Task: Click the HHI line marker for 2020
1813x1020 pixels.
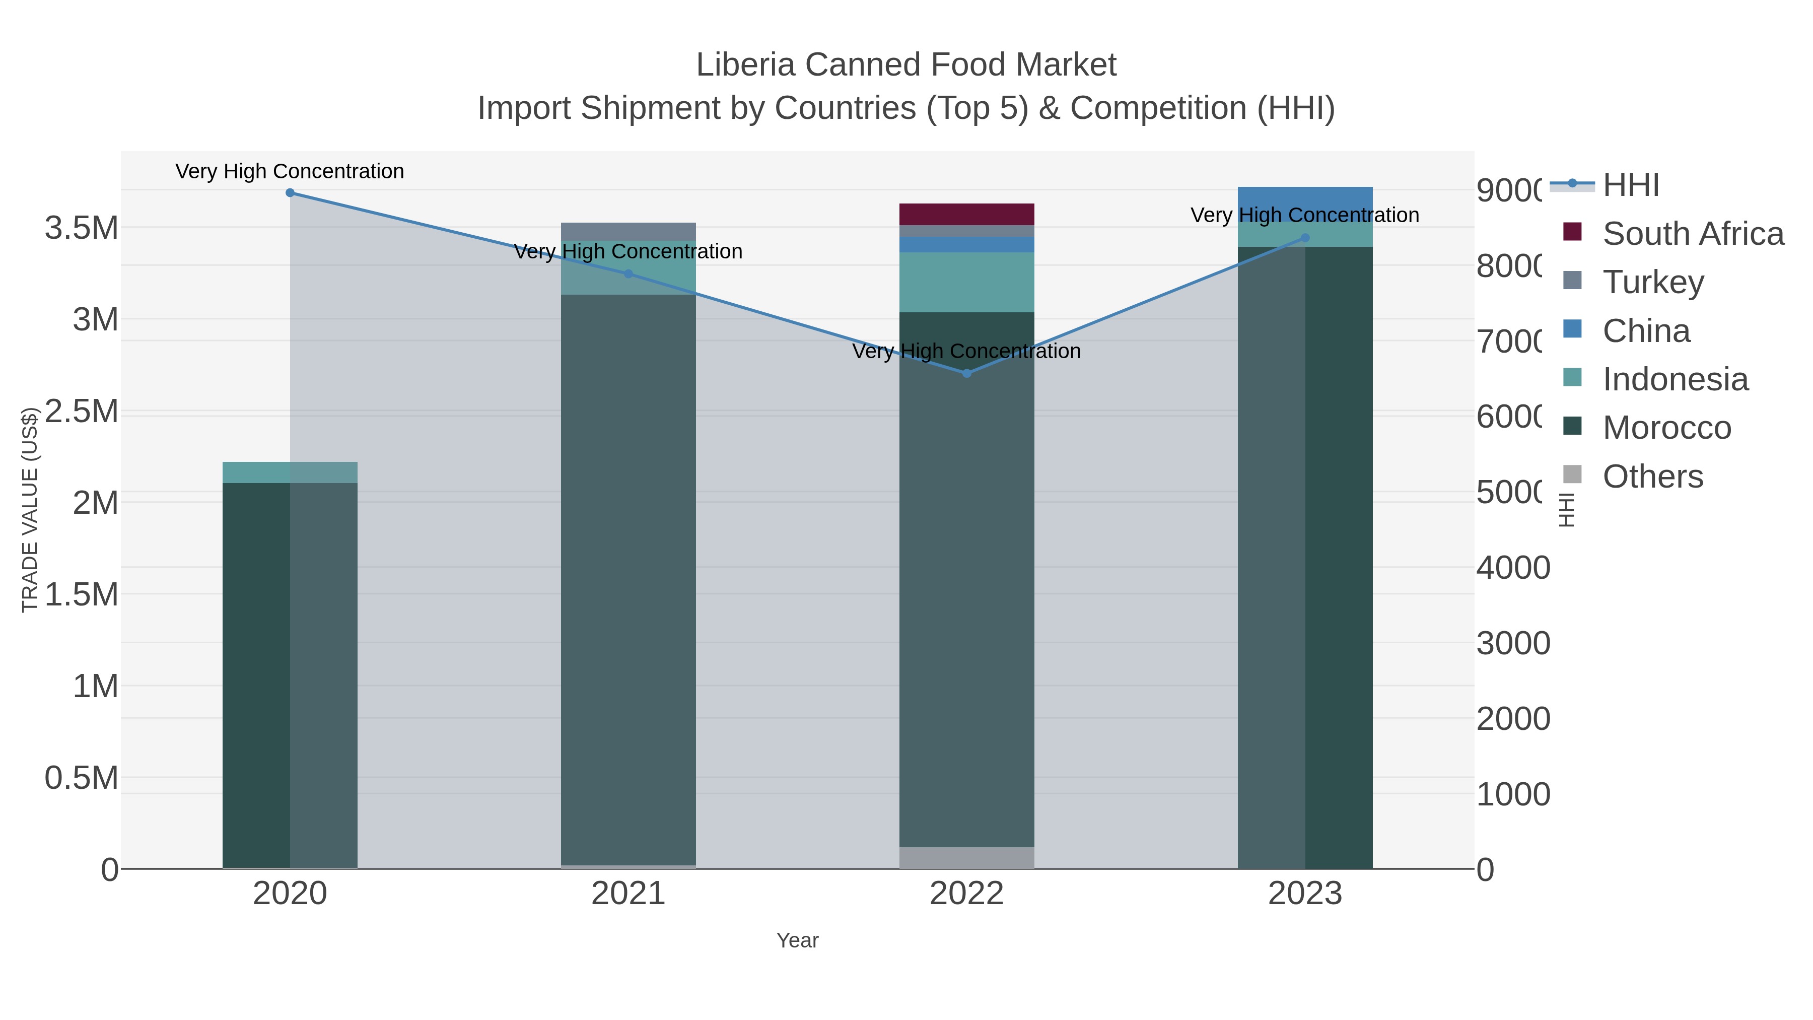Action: pos(290,192)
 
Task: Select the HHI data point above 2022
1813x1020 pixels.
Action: pos(966,373)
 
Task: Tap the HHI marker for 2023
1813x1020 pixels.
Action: pos(1305,238)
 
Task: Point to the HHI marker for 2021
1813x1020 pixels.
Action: pos(629,274)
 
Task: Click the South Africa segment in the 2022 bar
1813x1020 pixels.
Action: pos(966,214)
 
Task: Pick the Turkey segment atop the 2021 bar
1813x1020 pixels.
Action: pos(629,232)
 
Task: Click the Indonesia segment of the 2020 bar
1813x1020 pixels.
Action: pos(290,472)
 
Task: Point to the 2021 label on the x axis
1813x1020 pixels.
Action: pos(629,893)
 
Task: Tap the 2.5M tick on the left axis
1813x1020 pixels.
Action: pos(81,411)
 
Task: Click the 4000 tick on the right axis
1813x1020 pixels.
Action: pos(1513,567)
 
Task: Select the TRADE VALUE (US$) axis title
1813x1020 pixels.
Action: pos(30,510)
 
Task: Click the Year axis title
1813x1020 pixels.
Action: pos(797,940)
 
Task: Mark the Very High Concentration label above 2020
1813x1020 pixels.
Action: pos(290,171)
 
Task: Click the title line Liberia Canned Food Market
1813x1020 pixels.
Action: pos(906,65)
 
